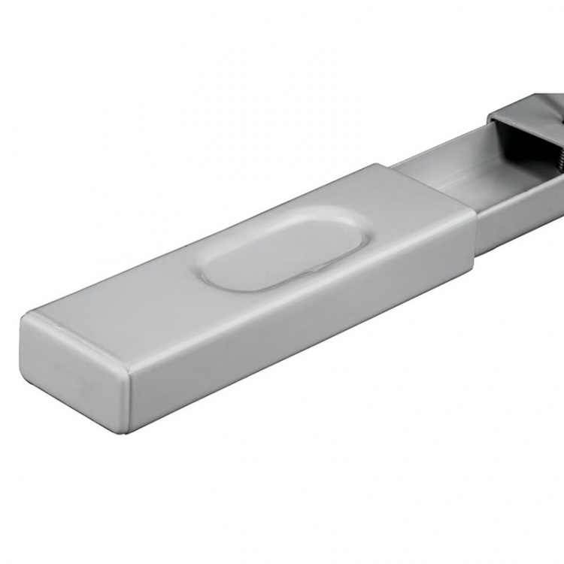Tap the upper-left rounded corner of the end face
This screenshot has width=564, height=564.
click(x=27, y=320)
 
